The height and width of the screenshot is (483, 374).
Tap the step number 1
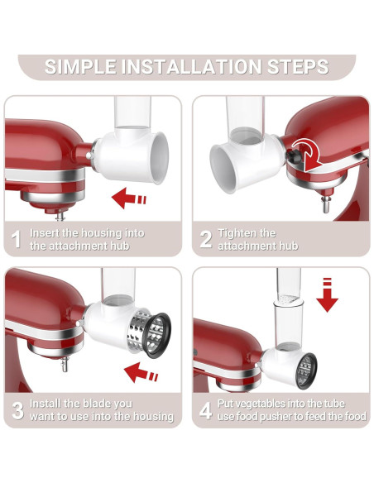pos(16,239)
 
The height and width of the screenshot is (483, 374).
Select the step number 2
pos(205,240)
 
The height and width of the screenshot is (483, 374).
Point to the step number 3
pos(16,410)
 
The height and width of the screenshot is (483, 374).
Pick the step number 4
pos(205,410)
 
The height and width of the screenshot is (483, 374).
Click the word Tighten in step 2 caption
pos(236,233)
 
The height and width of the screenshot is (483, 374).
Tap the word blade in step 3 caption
pos(100,404)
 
